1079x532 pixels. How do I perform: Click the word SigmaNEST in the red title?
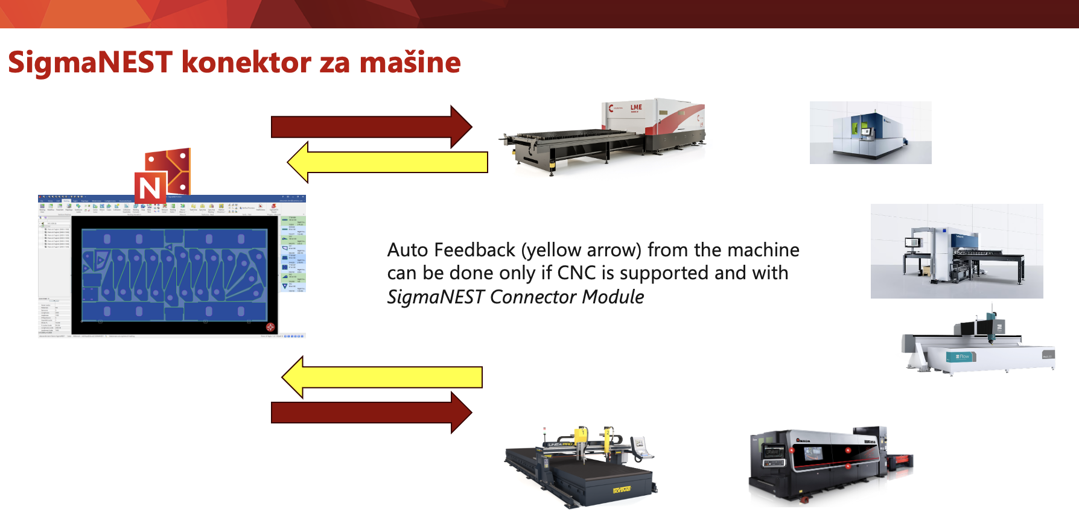91,62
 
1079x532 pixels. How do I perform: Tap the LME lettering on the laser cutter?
636,107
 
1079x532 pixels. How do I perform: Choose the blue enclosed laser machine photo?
870,133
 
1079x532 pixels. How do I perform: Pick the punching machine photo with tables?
956,252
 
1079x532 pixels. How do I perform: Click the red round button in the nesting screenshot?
270,327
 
